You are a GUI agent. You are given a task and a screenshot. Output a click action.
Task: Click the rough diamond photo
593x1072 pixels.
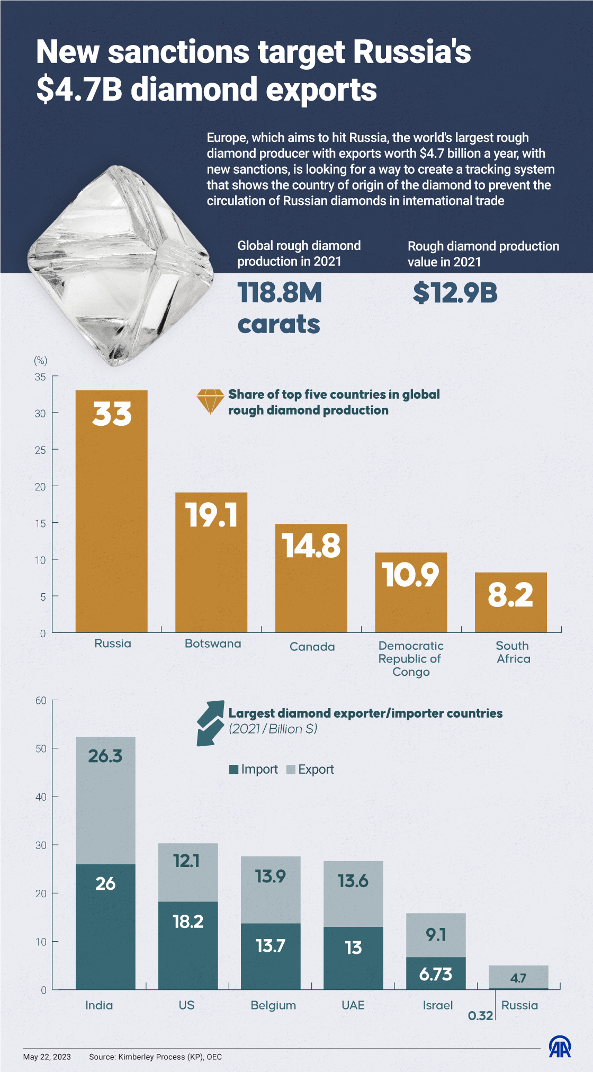[121, 265]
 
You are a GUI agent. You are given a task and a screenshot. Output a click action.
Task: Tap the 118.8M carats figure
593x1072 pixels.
[279, 308]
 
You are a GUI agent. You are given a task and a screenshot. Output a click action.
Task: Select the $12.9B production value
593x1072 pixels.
[455, 293]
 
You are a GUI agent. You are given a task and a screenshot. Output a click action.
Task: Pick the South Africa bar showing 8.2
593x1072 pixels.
[510, 602]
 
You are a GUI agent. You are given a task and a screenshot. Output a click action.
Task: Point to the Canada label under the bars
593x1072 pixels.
[312, 647]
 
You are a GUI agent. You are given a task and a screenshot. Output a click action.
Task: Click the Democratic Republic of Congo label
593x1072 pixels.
[411, 659]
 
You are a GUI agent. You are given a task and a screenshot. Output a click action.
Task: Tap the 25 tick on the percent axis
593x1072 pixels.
[40, 450]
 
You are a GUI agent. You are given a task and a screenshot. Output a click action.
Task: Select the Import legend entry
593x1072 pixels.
[254, 770]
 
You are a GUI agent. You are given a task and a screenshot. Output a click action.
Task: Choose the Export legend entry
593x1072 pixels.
[310, 770]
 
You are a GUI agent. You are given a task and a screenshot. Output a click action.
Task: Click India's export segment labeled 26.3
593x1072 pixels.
[105, 800]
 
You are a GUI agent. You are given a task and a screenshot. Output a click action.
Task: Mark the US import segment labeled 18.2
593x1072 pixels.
[188, 945]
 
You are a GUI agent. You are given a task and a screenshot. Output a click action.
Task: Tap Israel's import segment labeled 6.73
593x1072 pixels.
[436, 973]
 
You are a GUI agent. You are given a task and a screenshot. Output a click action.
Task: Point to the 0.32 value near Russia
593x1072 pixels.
[480, 1016]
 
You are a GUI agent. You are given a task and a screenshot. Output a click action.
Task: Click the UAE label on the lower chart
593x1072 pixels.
[353, 1005]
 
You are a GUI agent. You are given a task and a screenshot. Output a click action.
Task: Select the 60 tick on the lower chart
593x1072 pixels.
[41, 701]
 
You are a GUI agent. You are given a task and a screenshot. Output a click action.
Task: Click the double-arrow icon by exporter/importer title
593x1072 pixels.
[210, 723]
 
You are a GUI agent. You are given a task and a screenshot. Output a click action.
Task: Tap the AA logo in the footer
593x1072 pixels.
[560, 1047]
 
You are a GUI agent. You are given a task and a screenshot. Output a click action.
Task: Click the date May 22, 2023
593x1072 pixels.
[47, 1057]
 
